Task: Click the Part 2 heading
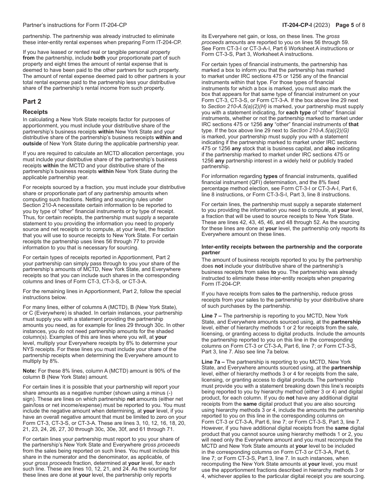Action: pyautogui.click(x=32, y=102)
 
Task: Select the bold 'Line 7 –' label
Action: pyautogui.click(x=212, y=316)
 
